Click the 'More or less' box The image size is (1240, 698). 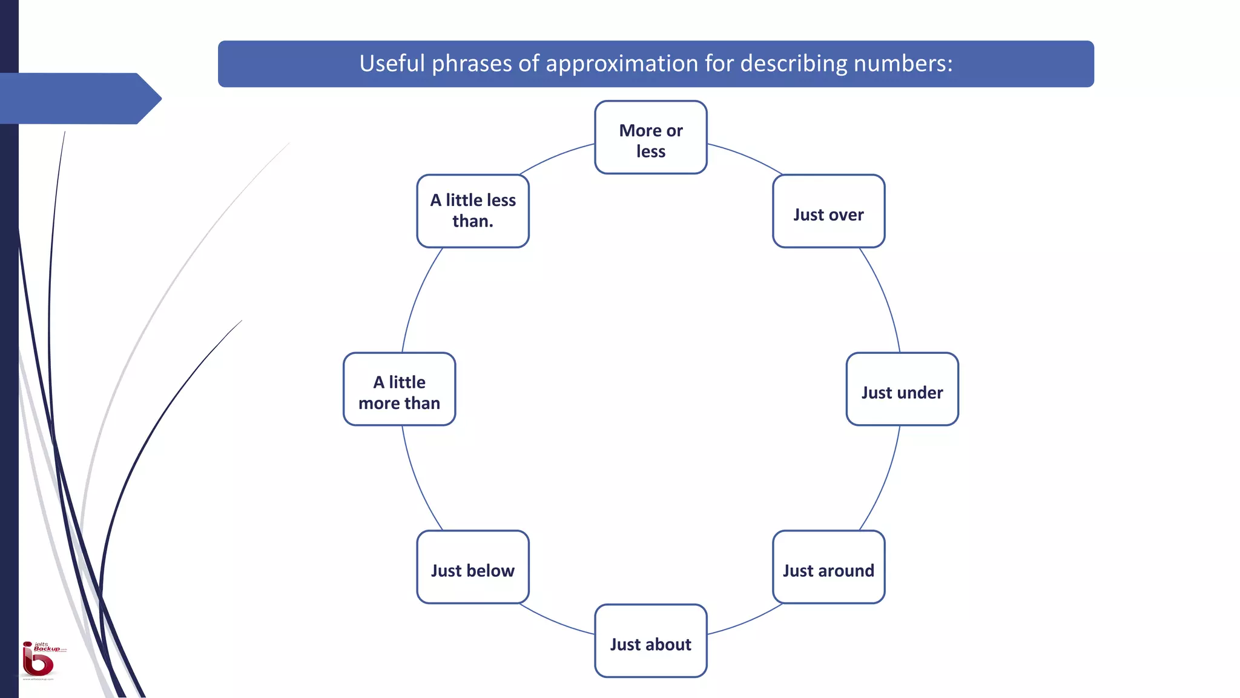(x=651, y=138)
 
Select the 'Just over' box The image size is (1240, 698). (x=828, y=211)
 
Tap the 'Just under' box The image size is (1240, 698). (x=902, y=389)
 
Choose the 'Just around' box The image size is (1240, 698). (x=828, y=567)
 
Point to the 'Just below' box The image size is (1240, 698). (x=473, y=567)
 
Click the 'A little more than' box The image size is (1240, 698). (x=400, y=389)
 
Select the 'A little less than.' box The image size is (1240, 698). (x=473, y=211)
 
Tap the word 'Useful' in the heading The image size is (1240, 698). (x=392, y=64)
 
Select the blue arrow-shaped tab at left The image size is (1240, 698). (x=79, y=98)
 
